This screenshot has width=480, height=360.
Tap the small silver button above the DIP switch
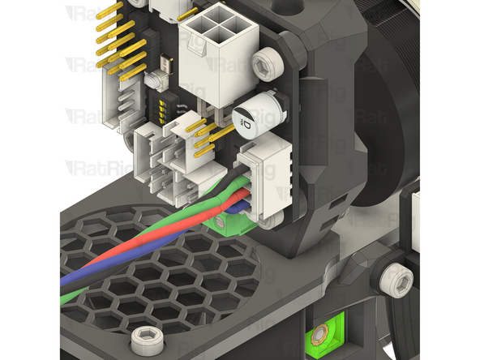pyautogui.click(x=153, y=81)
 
